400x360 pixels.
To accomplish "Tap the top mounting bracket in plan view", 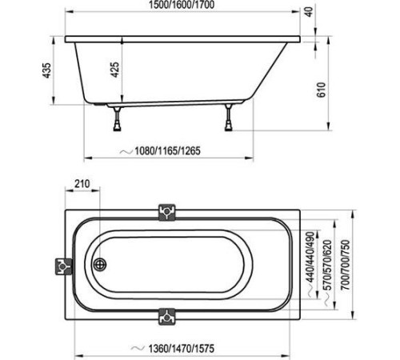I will tap(167, 211).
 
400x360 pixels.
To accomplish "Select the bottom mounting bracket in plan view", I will tap(167, 315).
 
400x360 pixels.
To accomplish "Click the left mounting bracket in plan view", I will tap(62, 266).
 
